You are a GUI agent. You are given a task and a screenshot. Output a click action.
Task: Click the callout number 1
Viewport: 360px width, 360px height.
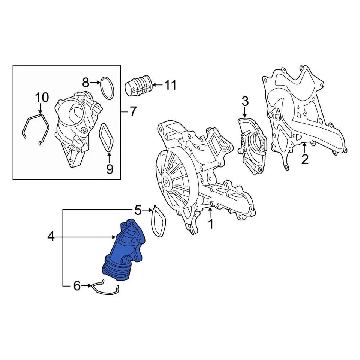[210, 224]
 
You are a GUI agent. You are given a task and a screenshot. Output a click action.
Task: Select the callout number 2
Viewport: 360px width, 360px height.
[305, 159]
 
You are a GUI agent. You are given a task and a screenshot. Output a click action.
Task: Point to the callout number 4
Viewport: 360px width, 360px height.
[51, 236]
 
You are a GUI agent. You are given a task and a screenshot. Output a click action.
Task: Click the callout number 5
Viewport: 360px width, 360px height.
[138, 210]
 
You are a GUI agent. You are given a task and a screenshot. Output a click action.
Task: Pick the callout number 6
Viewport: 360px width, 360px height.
[77, 286]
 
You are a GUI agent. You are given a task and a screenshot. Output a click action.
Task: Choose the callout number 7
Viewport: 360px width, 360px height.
[133, 111]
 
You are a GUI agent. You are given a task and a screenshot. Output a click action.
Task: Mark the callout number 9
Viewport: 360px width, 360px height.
[109, 169]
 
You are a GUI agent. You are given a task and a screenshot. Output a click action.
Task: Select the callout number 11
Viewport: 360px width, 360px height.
[170, 85]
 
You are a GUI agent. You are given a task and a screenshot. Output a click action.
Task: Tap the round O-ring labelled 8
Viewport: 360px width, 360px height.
[107, 88]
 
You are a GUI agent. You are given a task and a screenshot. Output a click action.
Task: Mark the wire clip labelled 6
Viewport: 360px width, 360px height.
[105, 288]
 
